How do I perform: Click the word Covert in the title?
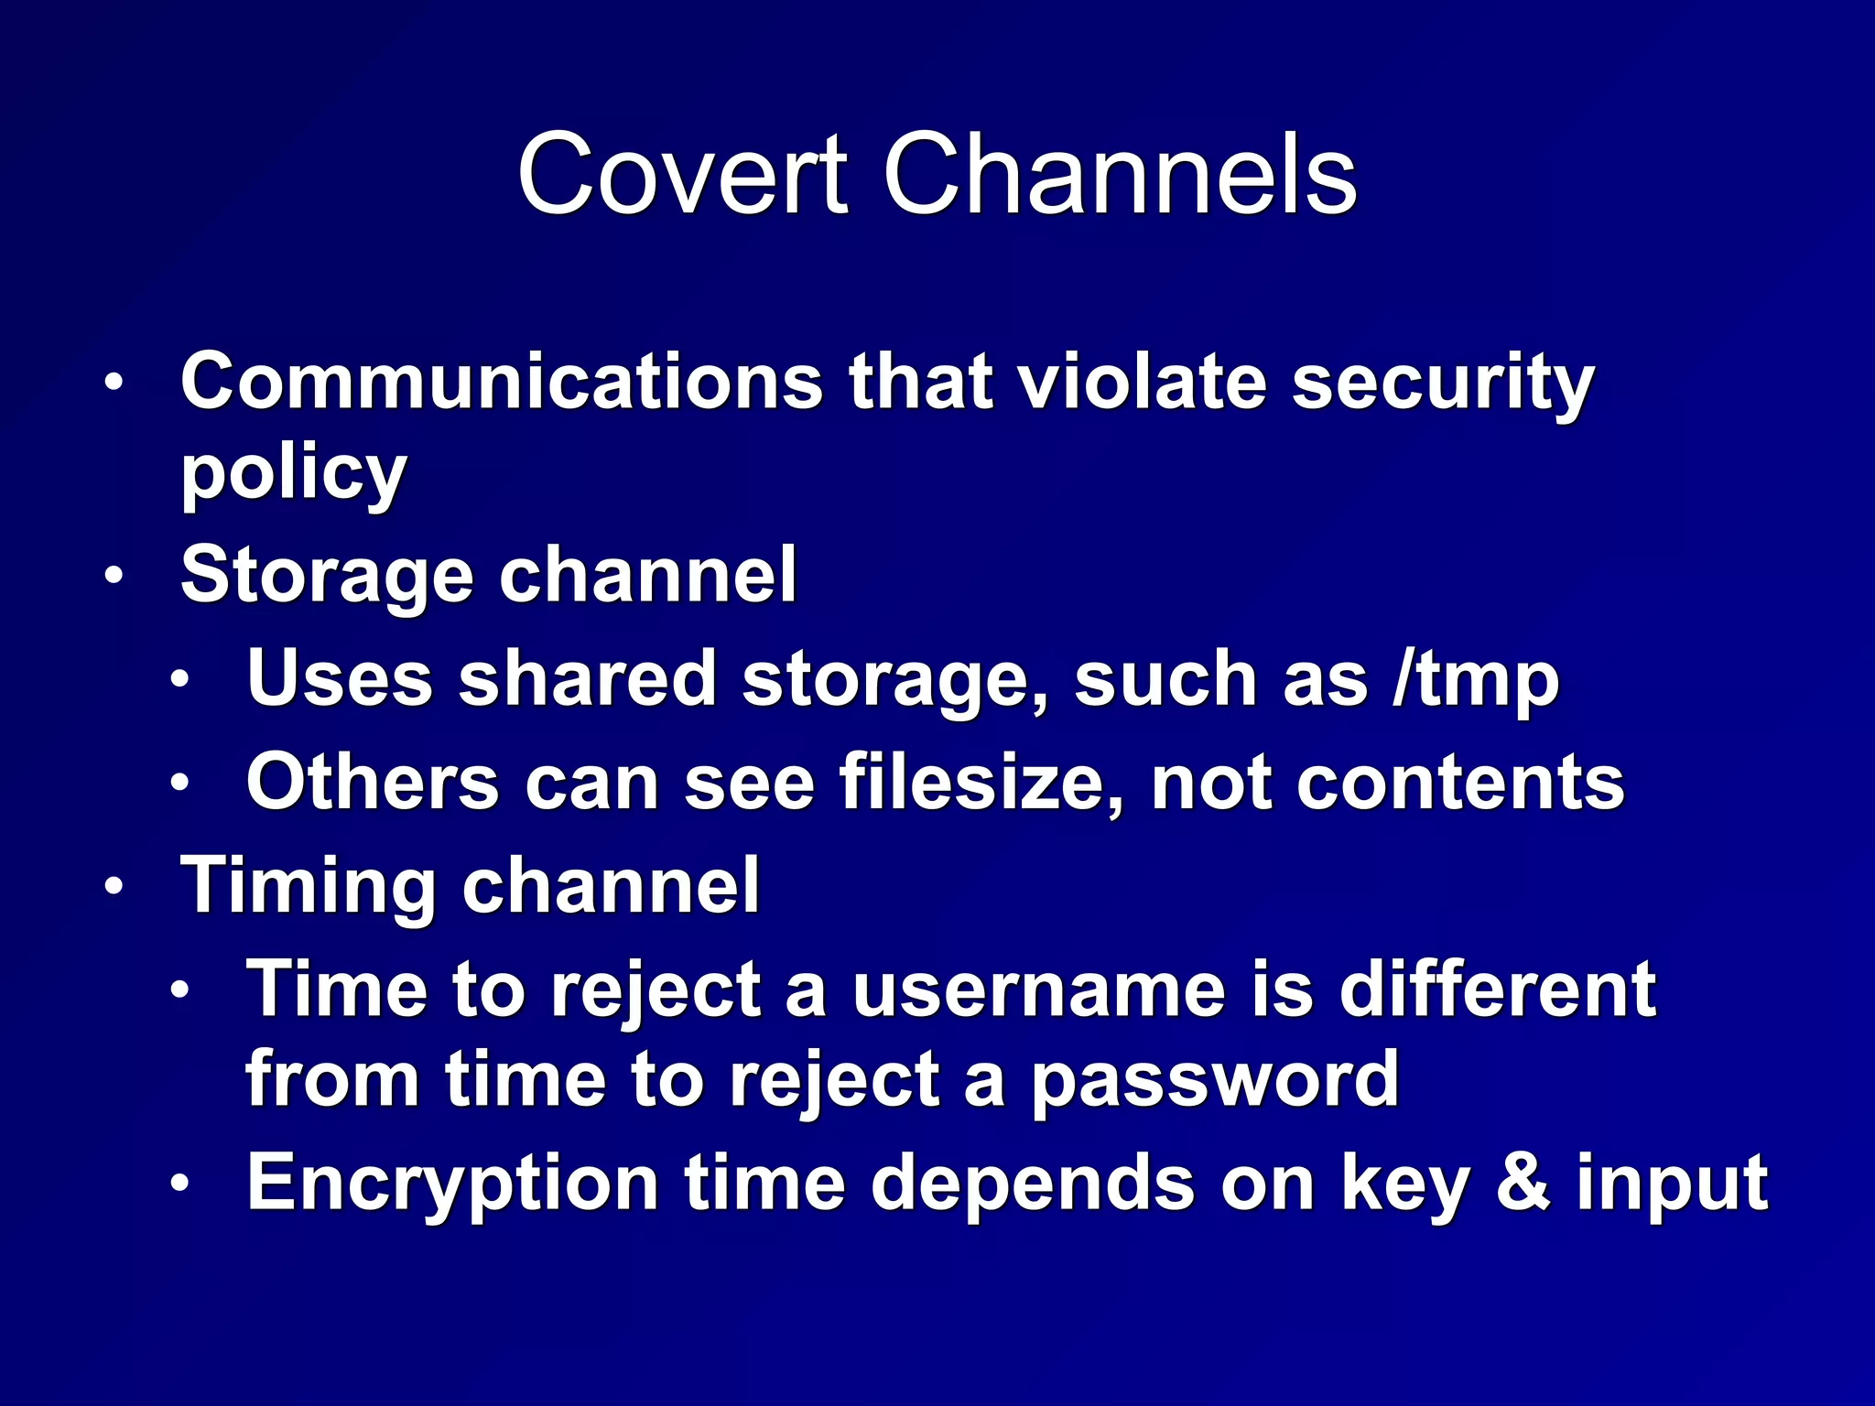click(682, 174)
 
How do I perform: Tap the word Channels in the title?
click(1119, 174)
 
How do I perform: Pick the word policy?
click(293, 474)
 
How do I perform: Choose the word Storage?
click(327, 577)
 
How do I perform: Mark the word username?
click(1038, 990)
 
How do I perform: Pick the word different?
click(1497, 990)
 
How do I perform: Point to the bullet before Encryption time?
click(179, 1183)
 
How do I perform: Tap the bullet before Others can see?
click(179, 784)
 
